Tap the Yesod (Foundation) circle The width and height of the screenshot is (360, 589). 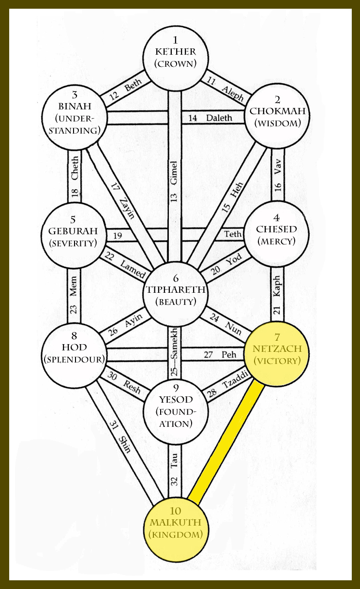pos(176,411)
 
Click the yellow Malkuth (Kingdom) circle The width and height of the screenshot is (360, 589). pos(176,530)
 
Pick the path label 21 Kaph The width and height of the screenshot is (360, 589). pos(277,296)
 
